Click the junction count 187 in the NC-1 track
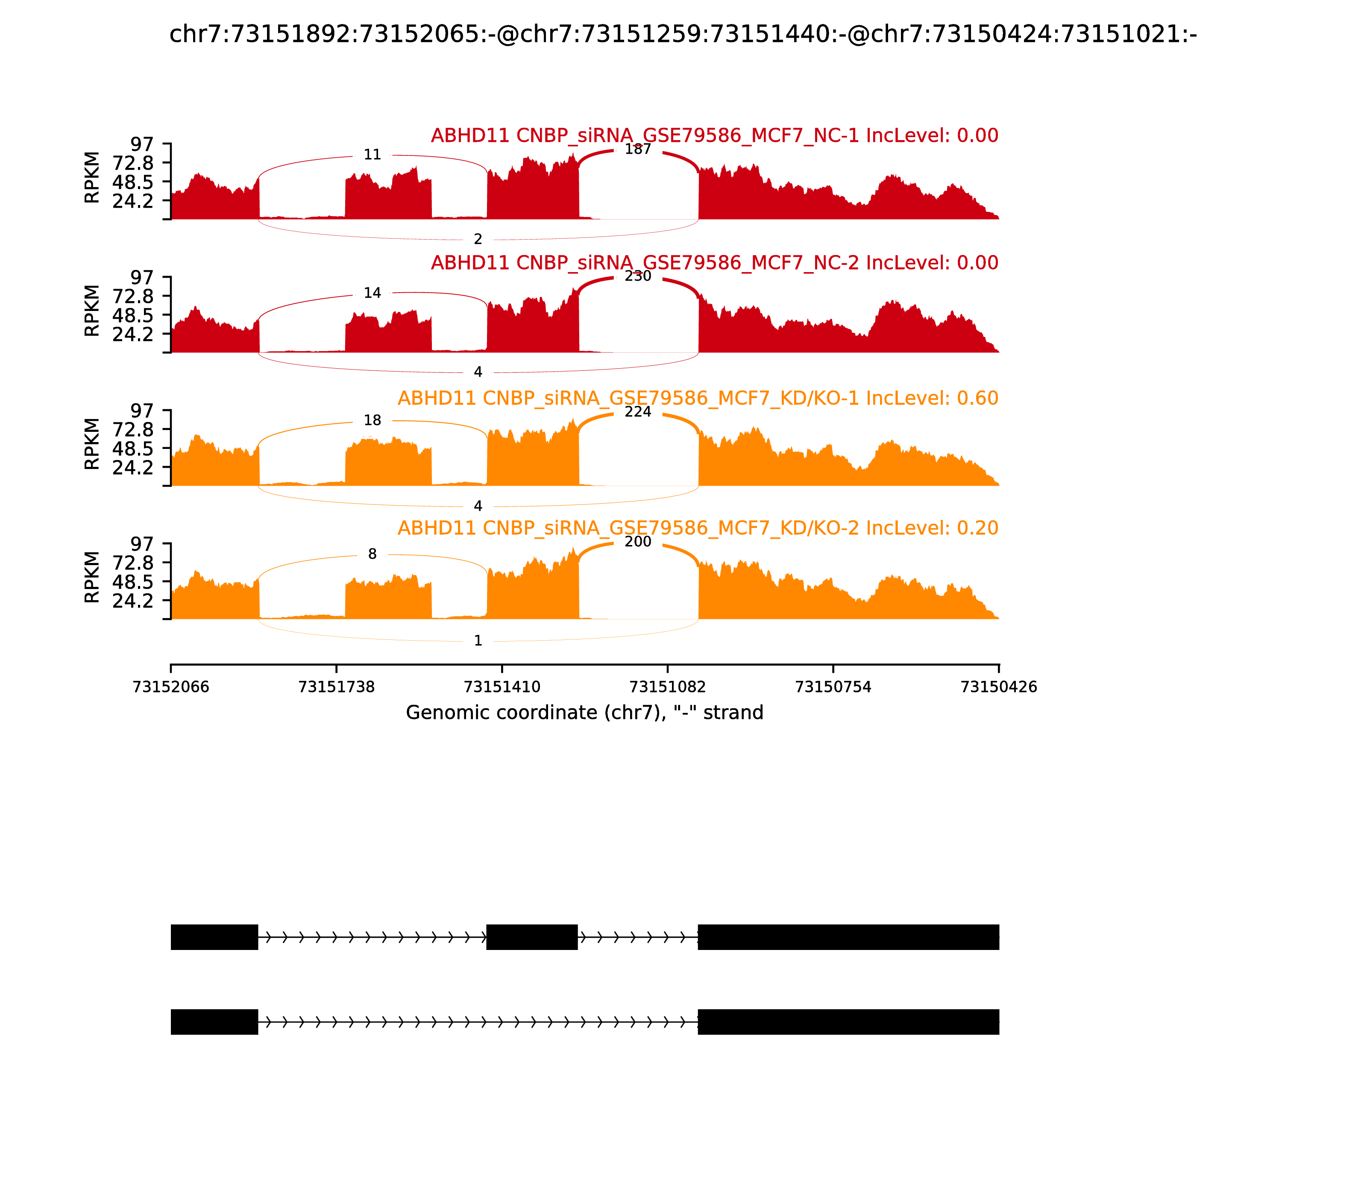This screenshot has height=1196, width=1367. [x=637, y=149]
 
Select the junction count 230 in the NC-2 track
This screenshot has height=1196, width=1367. [x=637, y=276]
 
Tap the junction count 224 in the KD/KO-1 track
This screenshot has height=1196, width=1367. [x=637, y=412]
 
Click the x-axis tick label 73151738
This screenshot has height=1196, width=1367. [x=337, y=687]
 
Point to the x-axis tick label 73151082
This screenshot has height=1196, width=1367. [x=667, y=687]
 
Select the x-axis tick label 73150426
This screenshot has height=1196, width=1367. [x=999, y=687]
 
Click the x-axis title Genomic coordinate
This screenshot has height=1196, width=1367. [x=584, y=713]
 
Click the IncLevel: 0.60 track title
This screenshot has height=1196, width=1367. [x=698, y=399]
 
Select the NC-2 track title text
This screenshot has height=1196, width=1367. [x=714, y=263]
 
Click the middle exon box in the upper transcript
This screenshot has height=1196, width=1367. [x=532, y=937]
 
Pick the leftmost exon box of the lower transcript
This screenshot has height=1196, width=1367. [x=214, y=1022]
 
